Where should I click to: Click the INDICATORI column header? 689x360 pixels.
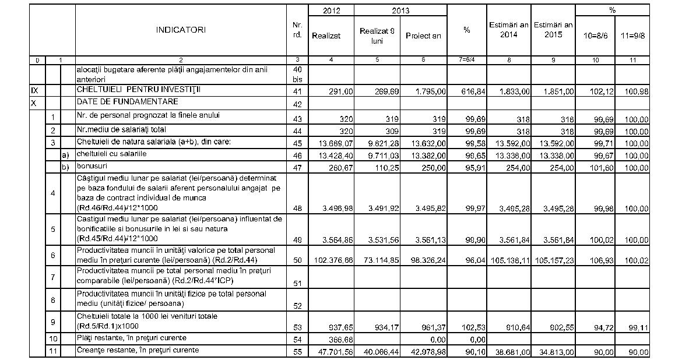point(181,30)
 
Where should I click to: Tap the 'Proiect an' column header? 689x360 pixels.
point(423,35)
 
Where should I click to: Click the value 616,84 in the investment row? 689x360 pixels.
point(466,92)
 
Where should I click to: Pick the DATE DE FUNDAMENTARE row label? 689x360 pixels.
point(118,101)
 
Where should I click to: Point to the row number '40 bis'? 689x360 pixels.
point(297,73)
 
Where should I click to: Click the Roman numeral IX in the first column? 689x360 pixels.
point(34,91)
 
